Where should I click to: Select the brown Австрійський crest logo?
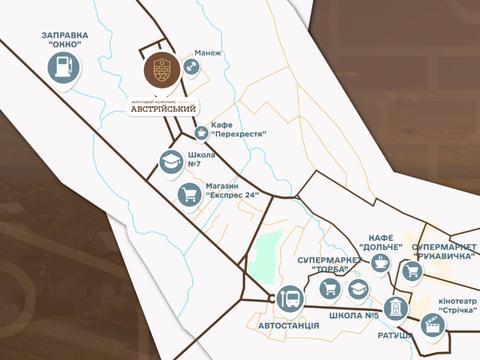pyautogui.click(x=162, y=70)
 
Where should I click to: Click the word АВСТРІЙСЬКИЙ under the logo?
pyautogui.click(x=164, y=107)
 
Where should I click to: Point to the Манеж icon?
pyautogui.click(x=191, y=68)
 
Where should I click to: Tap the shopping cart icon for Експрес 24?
pyautogui.click(x=188, y=194)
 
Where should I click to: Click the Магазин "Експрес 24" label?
pyautogui.click(x=232, y=189)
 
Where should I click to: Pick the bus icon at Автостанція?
pyautogui.click(x=290, y=298)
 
